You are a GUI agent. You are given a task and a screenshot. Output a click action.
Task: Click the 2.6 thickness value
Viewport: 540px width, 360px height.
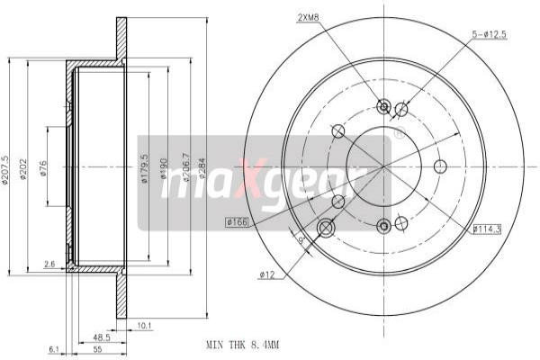point(49,265)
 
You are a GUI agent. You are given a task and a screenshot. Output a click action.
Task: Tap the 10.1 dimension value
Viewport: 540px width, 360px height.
point(144,325)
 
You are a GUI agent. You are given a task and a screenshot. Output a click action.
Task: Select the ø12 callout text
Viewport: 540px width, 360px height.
point(266,274)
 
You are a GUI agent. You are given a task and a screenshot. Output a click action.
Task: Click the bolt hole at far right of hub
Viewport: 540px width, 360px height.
point(440,166)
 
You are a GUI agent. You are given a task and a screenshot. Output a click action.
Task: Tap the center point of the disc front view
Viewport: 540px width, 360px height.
point(384,166)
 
